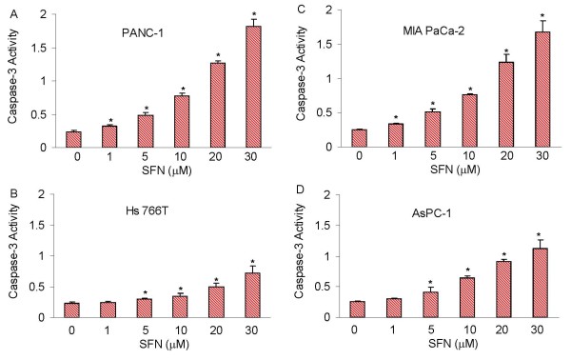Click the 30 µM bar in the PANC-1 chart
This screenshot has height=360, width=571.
pyautogui.click(x=253, y=87)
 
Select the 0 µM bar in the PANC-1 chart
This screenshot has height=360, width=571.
pyautogui.click(x=73, y=140)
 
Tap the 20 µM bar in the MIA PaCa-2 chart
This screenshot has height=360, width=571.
pyautogui.click(x=506, y=105)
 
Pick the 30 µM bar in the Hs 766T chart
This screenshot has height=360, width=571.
pyautogui.click(x=252, y=295)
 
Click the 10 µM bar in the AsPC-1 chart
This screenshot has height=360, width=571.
pyautogui.click(x=467, y=297)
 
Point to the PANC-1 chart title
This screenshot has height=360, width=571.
pyautogui.click(x=143, y=33)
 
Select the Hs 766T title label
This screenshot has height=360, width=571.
pyautogui.click(x=145, y=210)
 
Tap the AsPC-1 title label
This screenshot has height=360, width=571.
pyautogui.click(x=431, y=212)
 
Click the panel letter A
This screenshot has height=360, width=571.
pyautogui.click(x=14, y=14)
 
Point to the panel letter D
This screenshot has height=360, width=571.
pyautogui.click(x=301, y=190)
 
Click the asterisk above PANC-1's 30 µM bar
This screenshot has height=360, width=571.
pyautogui.click(x=254, y=14)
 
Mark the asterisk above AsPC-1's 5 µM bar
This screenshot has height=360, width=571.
pyautogui.click(x=430, y=282)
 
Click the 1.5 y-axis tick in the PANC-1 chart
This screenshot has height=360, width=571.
pyautogui.click(x=41, y=48)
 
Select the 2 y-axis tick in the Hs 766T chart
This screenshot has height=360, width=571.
pyautogui.click(x=42, y=194)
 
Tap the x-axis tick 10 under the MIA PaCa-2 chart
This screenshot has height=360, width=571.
pyautogui.click(x=469, y=156)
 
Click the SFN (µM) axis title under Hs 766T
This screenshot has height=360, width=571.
pyautogui.click(x=164, y=343)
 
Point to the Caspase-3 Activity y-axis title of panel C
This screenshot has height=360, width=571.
pyautogui.click(x=301, y=73)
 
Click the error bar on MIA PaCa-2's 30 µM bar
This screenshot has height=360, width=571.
pyautogui.click(x=542, y=27)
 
